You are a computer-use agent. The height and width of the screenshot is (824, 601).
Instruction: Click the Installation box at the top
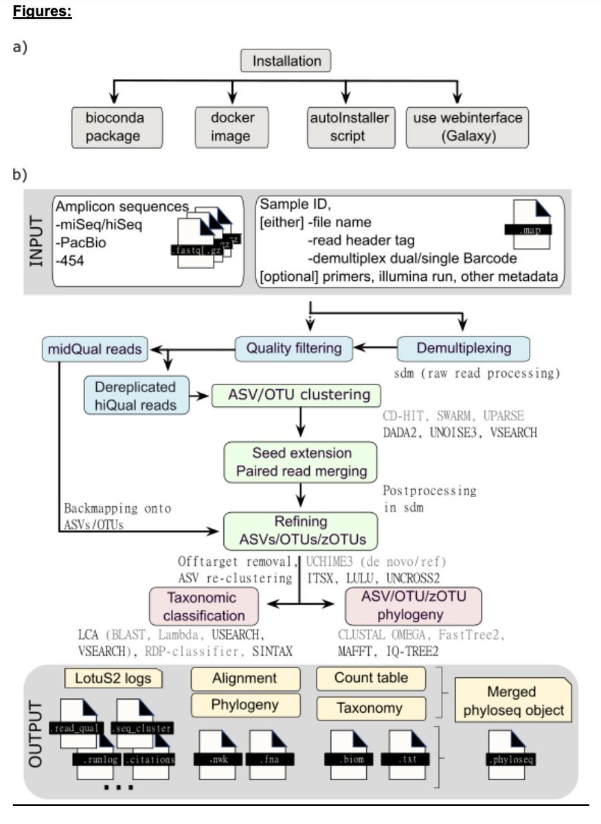[x=286, y=61]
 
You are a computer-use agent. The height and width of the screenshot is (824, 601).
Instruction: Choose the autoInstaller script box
[x=348, y=127]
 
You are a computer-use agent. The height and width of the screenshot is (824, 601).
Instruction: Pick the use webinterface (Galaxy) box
[x=467, y=127]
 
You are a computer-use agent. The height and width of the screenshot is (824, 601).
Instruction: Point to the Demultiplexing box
[x=465, y=348]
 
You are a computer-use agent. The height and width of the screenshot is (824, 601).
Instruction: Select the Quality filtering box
[x=295, y=348]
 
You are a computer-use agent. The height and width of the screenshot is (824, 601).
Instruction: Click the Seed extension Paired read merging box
[x=302, y=462]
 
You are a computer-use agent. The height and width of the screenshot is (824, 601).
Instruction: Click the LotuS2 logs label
[x=114, y=678]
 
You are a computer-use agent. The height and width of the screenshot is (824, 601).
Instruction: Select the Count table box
[x=371, y=678]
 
